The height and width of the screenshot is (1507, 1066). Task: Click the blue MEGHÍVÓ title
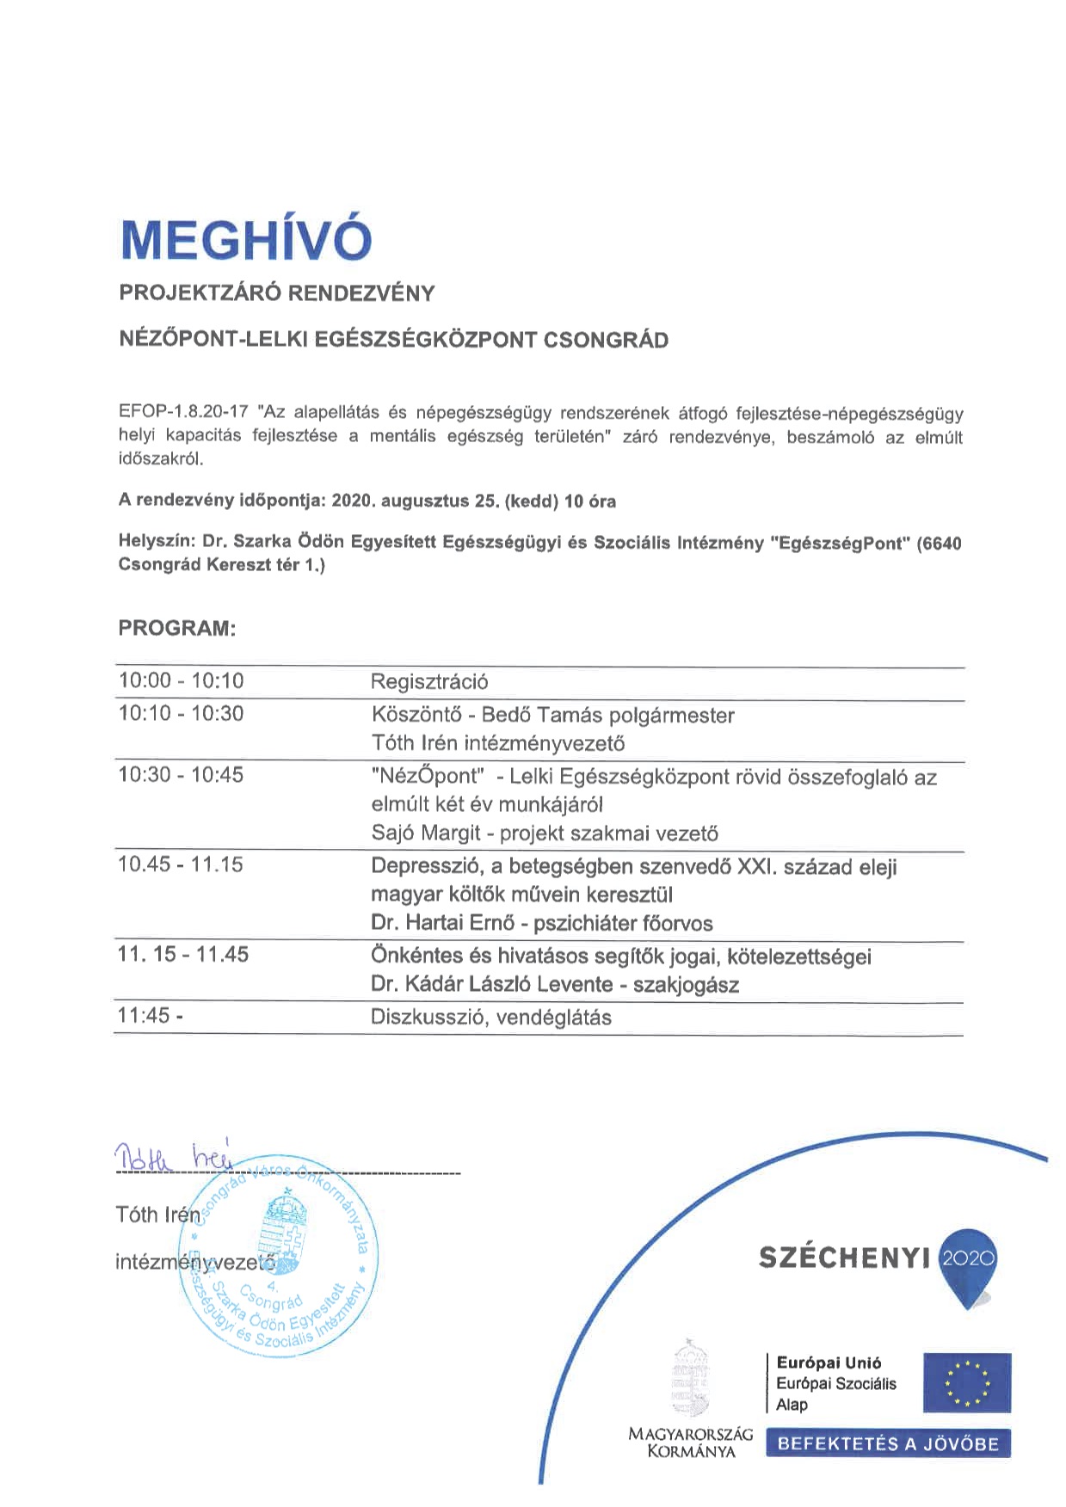pos(246,240)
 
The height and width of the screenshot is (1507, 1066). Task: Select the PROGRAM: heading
pos(176,628)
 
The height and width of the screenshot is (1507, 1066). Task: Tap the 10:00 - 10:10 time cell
pos(181,681)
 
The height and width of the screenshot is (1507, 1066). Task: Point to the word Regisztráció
pos(429,682)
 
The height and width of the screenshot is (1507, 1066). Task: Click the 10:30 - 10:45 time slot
pos(181,775)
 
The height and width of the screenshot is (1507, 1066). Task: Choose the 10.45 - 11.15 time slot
pos(181,864)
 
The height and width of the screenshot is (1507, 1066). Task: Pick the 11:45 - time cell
pos(150,1016)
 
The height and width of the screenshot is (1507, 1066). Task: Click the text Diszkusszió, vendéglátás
pos(491,1018)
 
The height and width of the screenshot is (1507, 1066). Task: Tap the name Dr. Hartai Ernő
pos(442,924)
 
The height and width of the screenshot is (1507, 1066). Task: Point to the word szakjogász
pos(686,985)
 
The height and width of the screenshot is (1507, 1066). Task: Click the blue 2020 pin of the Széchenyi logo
pos(969,1262)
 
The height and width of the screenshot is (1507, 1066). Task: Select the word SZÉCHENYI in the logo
pos(844,1258)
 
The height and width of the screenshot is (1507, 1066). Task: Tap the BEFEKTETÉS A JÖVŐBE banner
pos(888,1444)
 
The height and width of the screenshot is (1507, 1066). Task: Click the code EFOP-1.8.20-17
pos(183,415)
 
